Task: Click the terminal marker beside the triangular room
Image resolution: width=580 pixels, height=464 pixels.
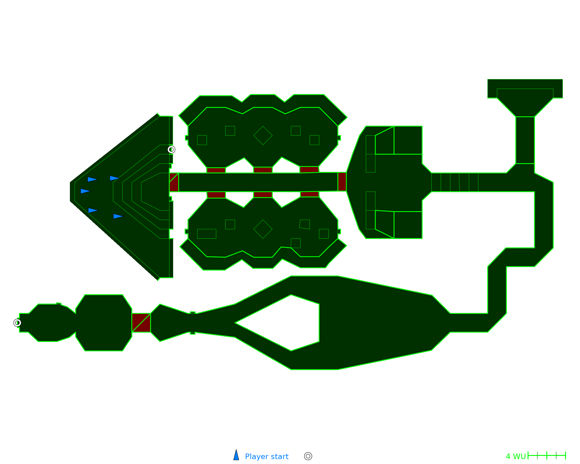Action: pos(171,150)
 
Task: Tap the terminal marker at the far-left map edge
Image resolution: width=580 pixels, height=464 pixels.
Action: pos(17,323)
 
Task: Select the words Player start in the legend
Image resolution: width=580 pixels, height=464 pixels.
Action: pos(267,456)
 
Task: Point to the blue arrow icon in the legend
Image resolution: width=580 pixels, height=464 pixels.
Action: pos(236,456)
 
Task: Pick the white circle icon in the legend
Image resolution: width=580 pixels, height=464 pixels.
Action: pos(308,456)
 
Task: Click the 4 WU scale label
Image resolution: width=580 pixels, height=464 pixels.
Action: pos(516,456)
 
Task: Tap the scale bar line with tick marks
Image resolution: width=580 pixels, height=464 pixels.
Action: pos(547,456)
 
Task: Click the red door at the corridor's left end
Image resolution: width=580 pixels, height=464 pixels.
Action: pos(174,182)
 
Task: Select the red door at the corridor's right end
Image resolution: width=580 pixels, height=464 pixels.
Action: pos(342,182)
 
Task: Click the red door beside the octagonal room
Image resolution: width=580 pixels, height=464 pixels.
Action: pos(141,322)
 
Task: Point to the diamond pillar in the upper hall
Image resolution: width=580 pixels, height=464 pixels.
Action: pos(263,135)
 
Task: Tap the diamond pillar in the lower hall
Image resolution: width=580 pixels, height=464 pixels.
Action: pos(263,229)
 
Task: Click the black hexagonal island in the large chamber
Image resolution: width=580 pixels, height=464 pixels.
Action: pos(284,323)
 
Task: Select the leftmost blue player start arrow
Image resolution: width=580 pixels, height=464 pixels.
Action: pos(85,191)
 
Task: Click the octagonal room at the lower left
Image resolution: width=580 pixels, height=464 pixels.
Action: pos(104,322)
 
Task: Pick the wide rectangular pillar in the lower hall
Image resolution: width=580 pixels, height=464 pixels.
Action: pos(206,234)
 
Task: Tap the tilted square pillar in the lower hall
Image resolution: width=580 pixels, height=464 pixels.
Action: pos(305,224)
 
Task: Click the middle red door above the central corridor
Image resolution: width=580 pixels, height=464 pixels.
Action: pos(263,170)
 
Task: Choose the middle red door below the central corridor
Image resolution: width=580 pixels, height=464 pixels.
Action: pos(263,195)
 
